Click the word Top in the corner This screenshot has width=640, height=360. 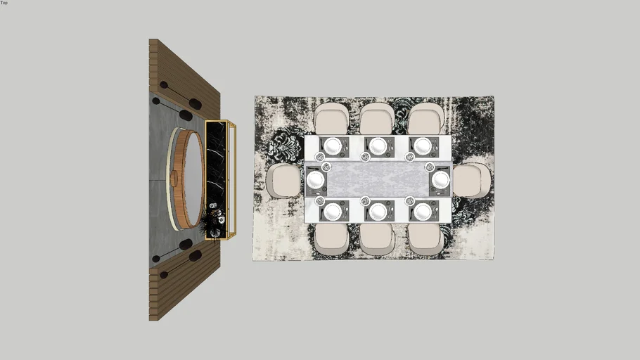[x=4, y=2]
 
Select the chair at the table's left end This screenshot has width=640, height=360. [x=284, y=181]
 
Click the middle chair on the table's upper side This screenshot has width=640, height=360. [x=377, y=118]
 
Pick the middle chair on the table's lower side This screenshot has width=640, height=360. [x=376, y=239]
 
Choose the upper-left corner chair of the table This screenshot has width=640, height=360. [x=331, y=118]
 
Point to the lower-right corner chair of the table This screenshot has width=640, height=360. [x=425, y=239]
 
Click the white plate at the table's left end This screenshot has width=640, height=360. [x=315, y=180]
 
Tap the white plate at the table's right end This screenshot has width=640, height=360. [x=441, y=180]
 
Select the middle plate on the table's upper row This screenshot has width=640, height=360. [x=378, y=146]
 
